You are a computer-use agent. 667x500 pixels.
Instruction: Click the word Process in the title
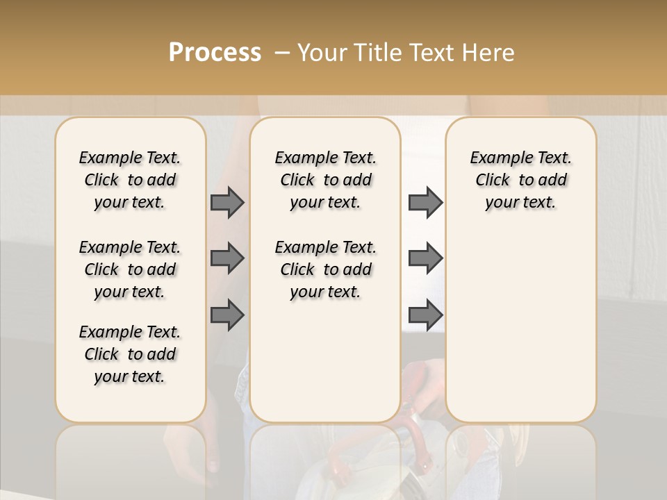click(x=215, y=53)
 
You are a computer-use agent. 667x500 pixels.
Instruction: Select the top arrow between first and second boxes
click(x=227, y=203)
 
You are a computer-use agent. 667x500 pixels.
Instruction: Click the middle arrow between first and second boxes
click(x=227, y=258)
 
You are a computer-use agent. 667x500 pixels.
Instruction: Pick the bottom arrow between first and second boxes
click(x=227, y=315)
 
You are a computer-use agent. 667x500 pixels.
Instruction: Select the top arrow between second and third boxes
click(x=425, y=203)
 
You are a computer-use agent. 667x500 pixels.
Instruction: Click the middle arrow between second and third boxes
click(x=425, y=258)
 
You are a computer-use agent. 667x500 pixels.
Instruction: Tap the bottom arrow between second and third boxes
click(x=425, y=315)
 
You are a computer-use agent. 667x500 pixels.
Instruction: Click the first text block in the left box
click(x=130, y=180)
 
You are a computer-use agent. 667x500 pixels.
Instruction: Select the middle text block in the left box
click(x=130, y=269)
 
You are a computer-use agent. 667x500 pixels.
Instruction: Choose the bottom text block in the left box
click(x=130, y=354)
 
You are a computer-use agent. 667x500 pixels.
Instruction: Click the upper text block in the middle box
click(x=325, y=180)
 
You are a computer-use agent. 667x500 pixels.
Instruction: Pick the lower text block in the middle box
click(x=325, y=269)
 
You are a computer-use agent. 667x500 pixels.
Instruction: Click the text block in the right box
click(x=520, y=180)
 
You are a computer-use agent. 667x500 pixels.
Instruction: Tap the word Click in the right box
click(x=493, y=181)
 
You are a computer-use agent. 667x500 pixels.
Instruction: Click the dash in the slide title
click(x=282, y=53)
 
